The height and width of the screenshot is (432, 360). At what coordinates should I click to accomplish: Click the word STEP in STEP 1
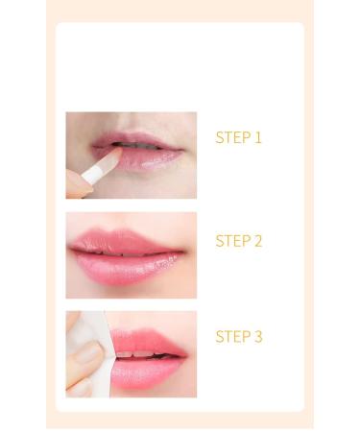[x=232, y=138]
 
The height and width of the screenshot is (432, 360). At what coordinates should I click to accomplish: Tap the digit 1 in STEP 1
[x=257, y=138]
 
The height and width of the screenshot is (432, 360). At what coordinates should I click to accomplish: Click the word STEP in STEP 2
[x=232, y=241]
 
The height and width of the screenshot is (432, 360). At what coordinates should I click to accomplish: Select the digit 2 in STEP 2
[x=257, y=241]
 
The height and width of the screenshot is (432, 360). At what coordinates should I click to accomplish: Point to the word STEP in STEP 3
[x=232, y=337]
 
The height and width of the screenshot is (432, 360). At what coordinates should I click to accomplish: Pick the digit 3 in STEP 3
[x=257, y=337]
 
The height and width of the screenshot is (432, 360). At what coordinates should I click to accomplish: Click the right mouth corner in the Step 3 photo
[x=185, y=354]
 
